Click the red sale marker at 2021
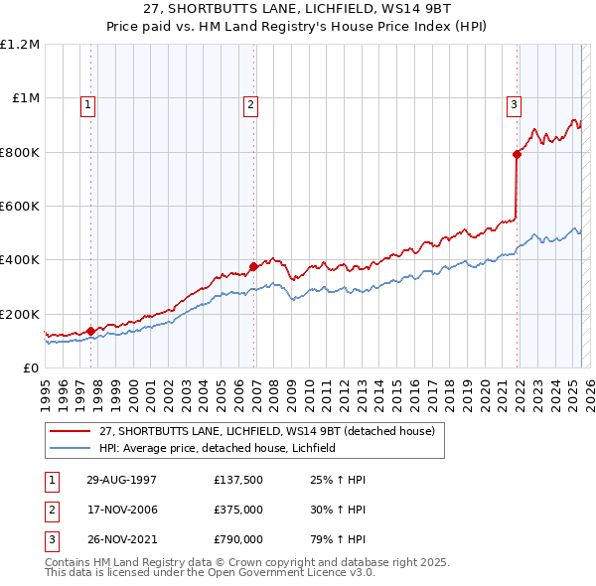(x=518, y=154)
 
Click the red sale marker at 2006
(x=253, y=266)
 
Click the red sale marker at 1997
(x=90, y=331)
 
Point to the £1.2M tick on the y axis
(x=20, y=45)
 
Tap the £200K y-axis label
(x=20, y=314)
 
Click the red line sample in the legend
(x=70, y=432)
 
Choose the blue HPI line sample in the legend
(x=70, y=449)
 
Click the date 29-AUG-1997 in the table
(x=121, y=480)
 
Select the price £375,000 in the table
(x=237, y=511)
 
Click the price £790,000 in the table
(x=237, y=541)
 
